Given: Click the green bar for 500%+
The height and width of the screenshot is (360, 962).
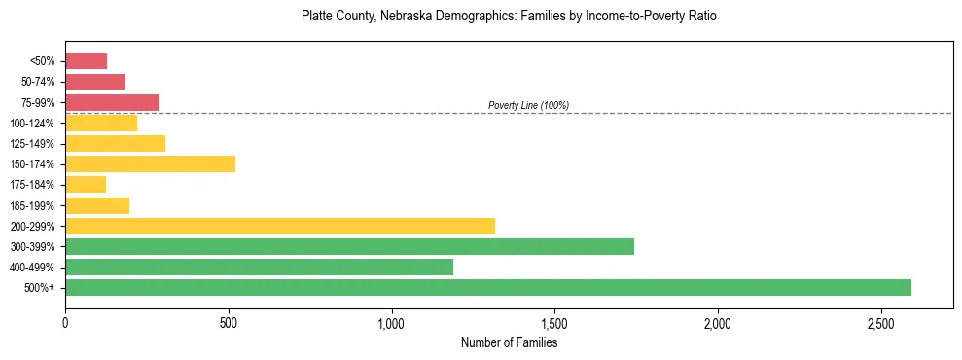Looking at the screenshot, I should pyautogui.click(x=487, y=287).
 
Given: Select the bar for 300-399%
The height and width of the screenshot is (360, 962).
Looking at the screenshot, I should pyautogui.click(x=349, y=246).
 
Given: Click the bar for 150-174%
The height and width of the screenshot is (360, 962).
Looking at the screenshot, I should pyautogui.click(x=150, y=163).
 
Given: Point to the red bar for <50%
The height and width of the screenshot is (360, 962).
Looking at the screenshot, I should pyautogui.click(x=86, y=60).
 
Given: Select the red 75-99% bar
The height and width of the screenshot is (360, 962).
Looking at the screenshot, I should pyautogui.click(x=112, y=102).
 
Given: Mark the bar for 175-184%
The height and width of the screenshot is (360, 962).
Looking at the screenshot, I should pyautogui.click(x=86, y=184).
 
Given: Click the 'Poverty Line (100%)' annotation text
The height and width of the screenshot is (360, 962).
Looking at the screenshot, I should pyautogui.click(x=528, y=105).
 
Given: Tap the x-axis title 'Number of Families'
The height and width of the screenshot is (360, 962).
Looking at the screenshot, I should pyautogui.click(x=509, y=342).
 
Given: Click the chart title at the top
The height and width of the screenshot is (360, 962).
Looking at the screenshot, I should pyautogui.click(x=509, y=17).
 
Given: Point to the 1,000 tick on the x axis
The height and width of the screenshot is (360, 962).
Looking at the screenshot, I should pyautogui.click(x=391, y=322).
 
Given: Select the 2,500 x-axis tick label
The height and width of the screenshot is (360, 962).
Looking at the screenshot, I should pyautogui.click(x=880, y=322).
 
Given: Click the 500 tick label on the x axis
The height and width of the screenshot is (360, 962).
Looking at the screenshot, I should pyautogui.click(x=229, y=322).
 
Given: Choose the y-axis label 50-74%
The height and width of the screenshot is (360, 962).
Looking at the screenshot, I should pyautogui.click(x=38, y=82).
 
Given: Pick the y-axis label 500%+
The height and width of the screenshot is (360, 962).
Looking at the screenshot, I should pyautogui.click(x=41, y=288).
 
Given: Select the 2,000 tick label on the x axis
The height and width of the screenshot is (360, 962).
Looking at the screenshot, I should pyautogui.click(x=717, y=322).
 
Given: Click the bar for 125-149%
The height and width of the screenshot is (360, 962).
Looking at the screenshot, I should pyautogui.click(x=115, y=143).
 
